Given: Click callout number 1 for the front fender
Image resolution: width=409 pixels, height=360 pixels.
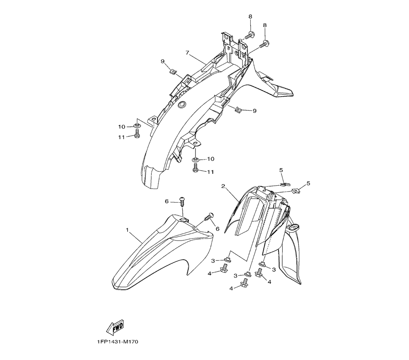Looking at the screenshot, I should tap(127, 230).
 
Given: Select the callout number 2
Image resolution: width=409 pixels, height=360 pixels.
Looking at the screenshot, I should tap(223, 186).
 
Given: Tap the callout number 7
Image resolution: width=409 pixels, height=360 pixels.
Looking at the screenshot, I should tap(187, 53).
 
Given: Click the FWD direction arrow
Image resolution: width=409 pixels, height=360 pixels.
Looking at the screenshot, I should tap(115, 327).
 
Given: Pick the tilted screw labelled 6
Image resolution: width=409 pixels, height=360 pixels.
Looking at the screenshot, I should tap(210, 216).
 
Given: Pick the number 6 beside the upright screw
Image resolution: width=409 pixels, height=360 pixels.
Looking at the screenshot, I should tap(166, 201).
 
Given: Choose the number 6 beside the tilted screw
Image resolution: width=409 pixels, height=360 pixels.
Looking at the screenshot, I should tap(217, 229).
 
